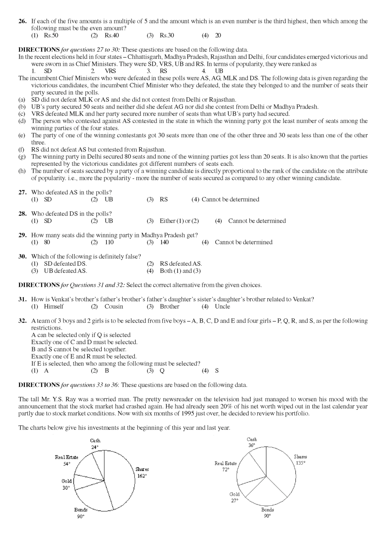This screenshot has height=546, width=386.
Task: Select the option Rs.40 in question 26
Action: coord(111,35)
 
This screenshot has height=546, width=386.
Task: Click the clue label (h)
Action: coord(22,171)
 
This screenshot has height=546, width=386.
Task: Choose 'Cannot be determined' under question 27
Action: coord(230,199)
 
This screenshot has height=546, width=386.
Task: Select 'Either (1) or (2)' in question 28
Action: coord(179,221)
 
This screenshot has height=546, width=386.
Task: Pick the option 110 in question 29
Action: coord(109,242)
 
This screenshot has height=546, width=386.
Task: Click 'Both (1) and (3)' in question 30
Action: coord(180,271)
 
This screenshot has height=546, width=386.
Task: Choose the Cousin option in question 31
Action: coord(114,306)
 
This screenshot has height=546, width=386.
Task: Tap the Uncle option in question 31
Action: coord(222,306)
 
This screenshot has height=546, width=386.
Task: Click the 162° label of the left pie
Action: coord(142,476)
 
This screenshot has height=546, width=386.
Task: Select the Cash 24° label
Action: coord(95,444)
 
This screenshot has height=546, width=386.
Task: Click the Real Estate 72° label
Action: coord(226,466)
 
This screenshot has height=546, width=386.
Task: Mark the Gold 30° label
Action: coord(67,485)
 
